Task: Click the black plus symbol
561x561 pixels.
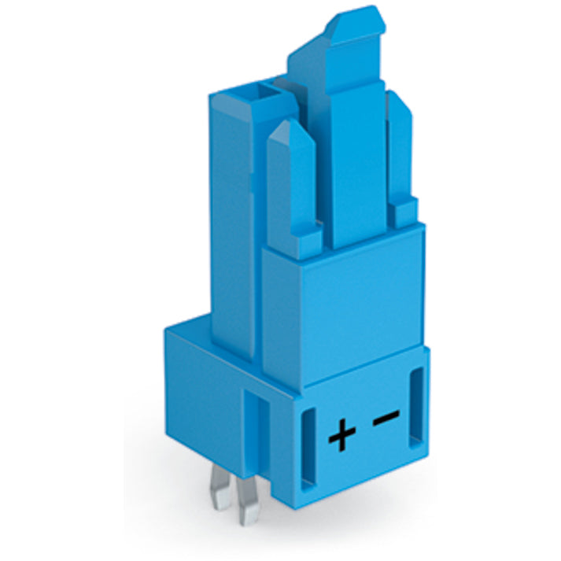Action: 342,434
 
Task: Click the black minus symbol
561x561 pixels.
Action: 386,418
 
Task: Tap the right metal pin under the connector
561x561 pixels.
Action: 248,501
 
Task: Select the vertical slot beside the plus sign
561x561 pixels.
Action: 308,449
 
